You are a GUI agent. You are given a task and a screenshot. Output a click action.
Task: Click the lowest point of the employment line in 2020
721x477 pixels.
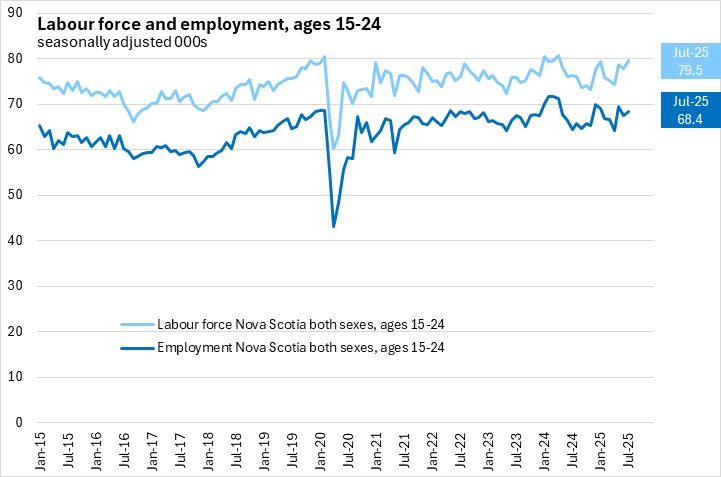pos(333,226)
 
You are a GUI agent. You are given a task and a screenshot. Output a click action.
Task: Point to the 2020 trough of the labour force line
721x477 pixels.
pos(333,148)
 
